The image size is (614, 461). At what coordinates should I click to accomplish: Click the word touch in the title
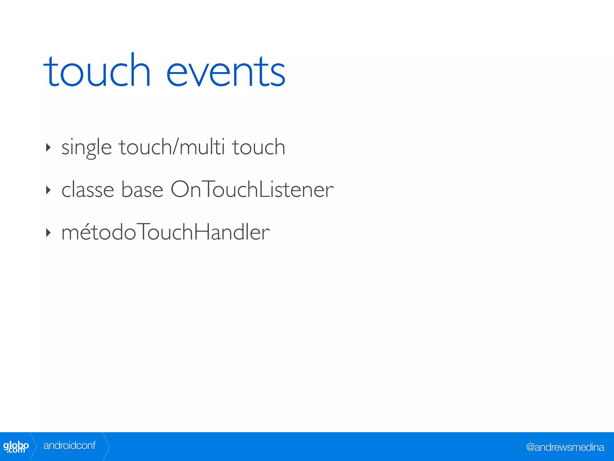click(x=97, y=71)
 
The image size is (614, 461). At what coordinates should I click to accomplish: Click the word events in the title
click(x=225, y=73)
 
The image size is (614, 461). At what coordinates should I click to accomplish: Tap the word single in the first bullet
click(x=86, y=147)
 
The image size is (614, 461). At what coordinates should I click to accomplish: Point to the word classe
click(x=88, y=190)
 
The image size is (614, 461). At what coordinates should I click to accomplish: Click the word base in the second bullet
click(x=142, y=190)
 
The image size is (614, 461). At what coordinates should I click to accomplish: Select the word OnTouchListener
click(x=252, y=190)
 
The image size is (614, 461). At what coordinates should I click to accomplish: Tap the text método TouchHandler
click(x=165, y=232)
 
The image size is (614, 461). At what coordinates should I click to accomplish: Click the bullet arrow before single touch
click(x=48, y=147)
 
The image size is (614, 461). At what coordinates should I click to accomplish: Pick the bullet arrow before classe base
click(x=48, y=190)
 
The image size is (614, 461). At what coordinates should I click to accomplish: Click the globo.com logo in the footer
click(x=16, y=447)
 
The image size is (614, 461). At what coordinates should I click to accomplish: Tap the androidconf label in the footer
click(x=69, y=446)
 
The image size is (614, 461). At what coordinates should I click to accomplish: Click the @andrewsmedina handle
click(x=565, y=447)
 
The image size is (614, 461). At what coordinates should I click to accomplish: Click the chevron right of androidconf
click(x=107, y=447)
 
